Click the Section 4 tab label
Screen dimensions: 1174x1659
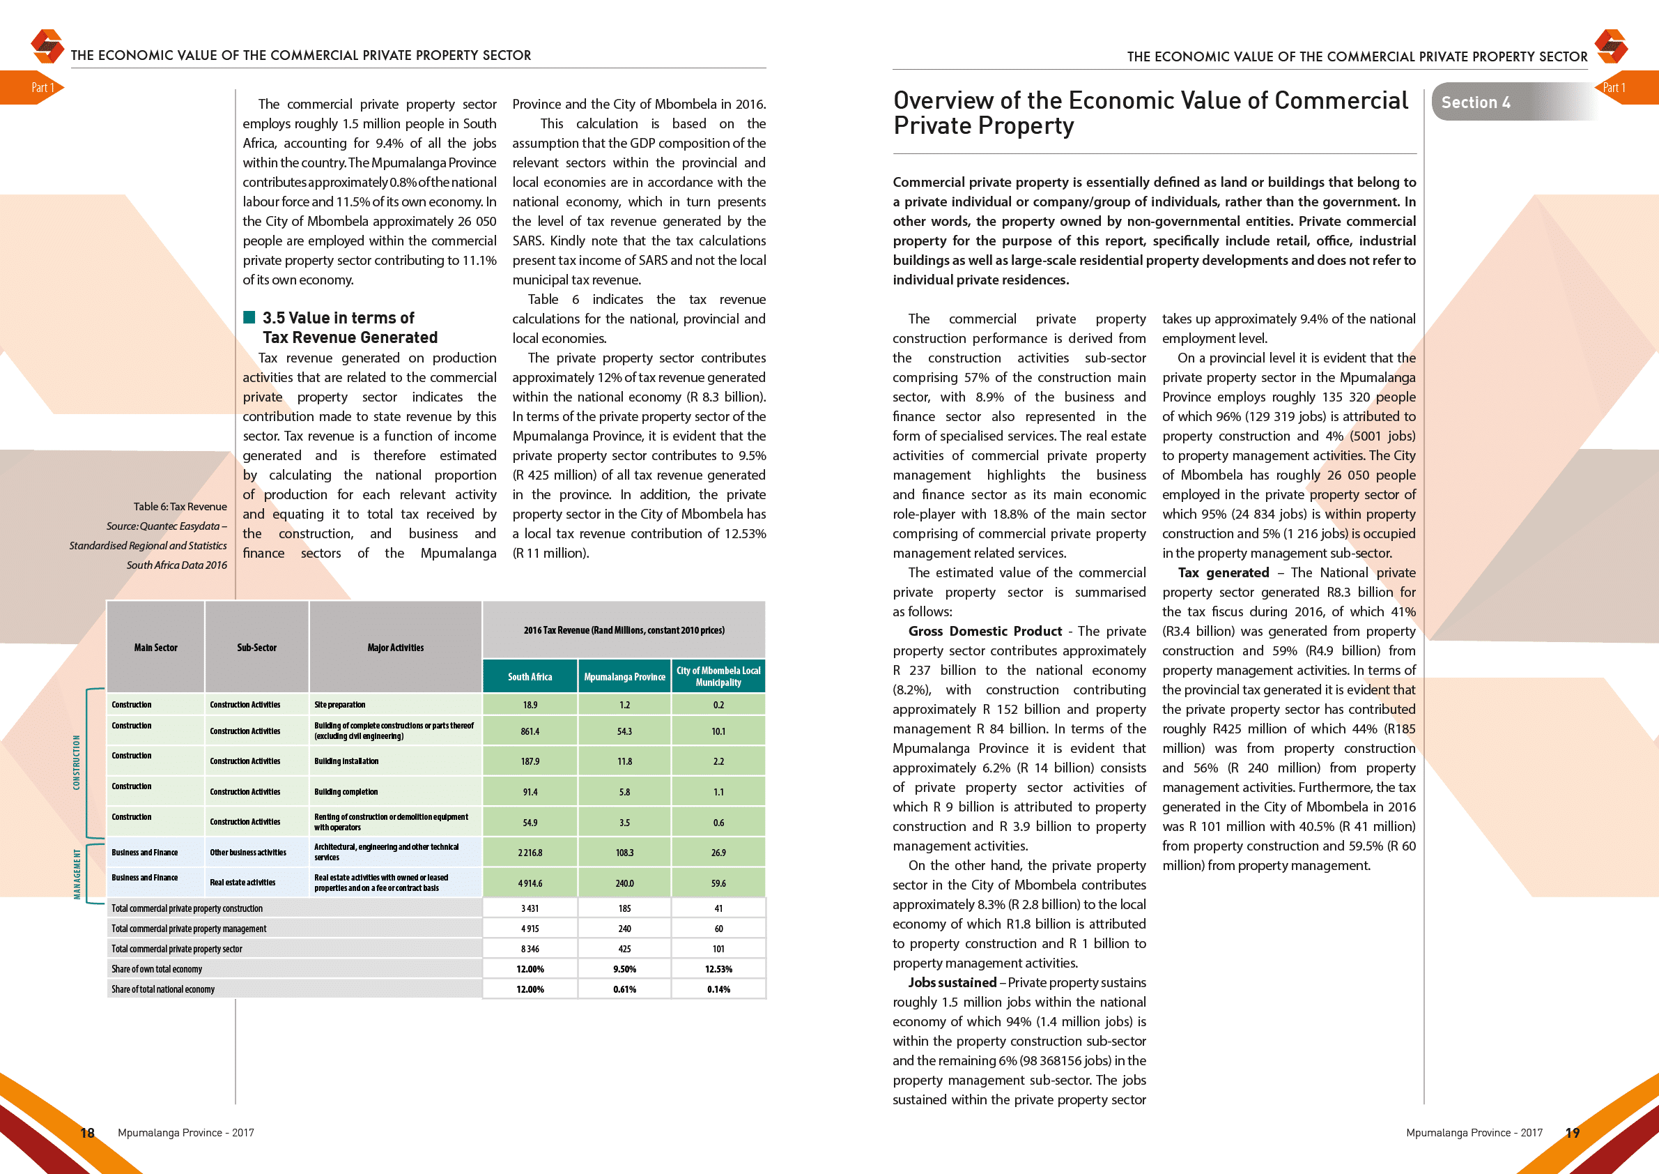pos(1475,102)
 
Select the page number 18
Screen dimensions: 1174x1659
pos(87,1133)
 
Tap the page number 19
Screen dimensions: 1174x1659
pos(1573,1133)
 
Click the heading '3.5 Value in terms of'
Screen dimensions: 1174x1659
pos(338,318)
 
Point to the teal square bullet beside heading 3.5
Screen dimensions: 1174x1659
pos(249,317)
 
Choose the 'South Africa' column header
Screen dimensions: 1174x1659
pos(530,677)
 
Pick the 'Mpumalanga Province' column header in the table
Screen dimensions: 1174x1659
pos(624,677)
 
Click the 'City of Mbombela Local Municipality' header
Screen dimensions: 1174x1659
pos(718,677)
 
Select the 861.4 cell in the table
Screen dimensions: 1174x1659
pos(530,731)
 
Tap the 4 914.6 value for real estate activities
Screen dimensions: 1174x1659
pos(530,883)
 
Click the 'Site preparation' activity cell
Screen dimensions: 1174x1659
pos(339,705)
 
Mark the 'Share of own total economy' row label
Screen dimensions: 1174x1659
pos(157,969)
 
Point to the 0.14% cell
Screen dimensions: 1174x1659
pos(718,989)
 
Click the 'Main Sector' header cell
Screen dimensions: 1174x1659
pos(155,648)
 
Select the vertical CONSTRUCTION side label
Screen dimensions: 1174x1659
pos(77,762)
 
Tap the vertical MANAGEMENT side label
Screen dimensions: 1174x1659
pos(77,874)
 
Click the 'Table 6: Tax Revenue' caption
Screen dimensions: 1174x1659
pos(180,507)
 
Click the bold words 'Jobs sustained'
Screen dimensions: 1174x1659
pos(952,982)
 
